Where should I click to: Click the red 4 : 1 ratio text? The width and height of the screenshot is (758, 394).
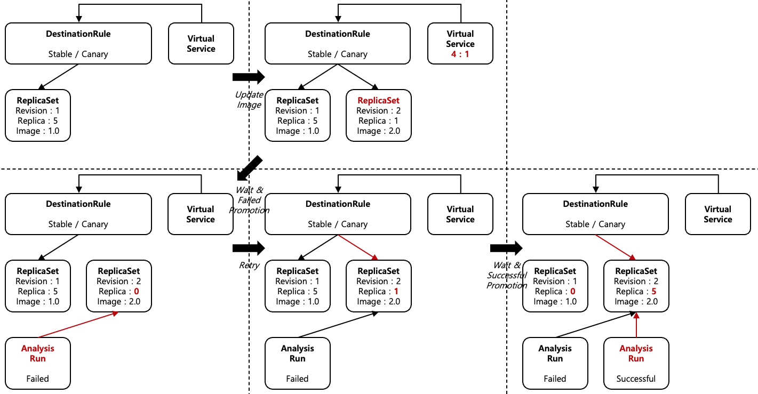pos(460,54)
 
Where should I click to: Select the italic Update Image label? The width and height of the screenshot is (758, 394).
pos(249,100)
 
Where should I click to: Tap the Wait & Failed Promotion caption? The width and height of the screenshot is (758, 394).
pos(249,200)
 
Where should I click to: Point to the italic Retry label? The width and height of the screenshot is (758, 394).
pos(249,266)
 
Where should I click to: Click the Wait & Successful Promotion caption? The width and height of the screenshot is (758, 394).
pos(507,275)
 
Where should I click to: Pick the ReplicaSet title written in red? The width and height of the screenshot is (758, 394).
pos(378,100)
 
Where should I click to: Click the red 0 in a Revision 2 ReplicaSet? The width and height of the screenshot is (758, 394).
pos(136,292)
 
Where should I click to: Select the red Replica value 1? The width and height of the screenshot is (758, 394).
pos(396,292)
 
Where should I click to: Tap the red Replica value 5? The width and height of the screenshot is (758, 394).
pos(653,292)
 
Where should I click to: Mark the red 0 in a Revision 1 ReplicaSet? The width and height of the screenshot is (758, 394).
pos(572,292)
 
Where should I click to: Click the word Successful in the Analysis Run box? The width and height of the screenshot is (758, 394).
pos(636,379)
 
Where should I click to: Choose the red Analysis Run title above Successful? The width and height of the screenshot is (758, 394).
pos(636,353)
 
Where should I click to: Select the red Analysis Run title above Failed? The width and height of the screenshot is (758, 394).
pos(37,353)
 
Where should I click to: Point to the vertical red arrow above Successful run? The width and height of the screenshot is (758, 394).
pos(636,325)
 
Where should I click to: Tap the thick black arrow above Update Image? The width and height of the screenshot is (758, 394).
pos(249,77)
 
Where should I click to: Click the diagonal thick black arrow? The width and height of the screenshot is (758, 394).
pos(250,168)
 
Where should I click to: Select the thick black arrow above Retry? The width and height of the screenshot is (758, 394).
pos(249,247)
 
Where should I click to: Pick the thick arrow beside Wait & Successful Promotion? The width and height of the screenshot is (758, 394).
pos(506,247)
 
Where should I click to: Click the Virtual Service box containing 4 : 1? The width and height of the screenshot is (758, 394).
pos(460,44)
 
